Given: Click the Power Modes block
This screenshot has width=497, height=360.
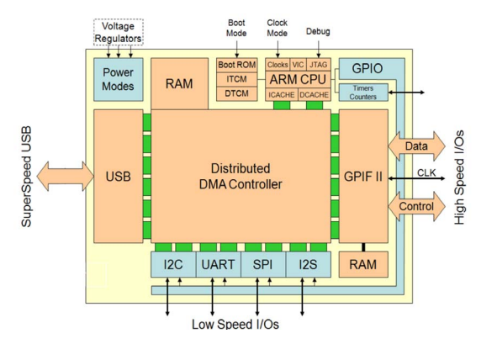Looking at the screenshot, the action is tap(119, 80).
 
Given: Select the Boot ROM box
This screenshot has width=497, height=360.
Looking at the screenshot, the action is tap(237, 65).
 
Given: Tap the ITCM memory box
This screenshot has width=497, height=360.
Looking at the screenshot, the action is tap(237, 79).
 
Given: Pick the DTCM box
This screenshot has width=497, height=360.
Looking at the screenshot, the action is tap(237, 94).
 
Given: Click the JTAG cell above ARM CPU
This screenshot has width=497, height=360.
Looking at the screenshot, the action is tap(318, 65).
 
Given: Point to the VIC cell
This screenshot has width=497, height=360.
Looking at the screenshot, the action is tap(298, 65).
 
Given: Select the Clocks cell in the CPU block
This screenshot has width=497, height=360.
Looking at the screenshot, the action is tap(278, 65).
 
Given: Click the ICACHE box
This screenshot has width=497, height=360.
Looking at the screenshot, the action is tap(282, 95).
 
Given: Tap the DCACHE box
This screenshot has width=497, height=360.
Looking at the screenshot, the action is tap(315, 95).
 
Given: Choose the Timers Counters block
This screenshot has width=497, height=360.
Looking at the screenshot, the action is tap(363, 93).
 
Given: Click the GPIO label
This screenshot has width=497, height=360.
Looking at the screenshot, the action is tap(367, 68).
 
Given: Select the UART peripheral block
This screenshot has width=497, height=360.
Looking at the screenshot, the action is tap(219, 264).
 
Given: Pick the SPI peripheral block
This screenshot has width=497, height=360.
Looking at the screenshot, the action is tap(263, 264).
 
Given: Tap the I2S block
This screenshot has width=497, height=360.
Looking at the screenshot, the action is tap(309, 264).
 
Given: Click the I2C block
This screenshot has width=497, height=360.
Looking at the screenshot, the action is tap(173, 264).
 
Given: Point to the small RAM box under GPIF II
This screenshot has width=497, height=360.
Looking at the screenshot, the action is tap(363, 264).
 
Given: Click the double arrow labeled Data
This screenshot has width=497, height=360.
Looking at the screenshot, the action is tap(416, 146).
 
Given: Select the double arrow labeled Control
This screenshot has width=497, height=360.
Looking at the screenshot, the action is tap(416, 206).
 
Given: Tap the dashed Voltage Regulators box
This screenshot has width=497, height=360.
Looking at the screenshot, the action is tap(119, 32).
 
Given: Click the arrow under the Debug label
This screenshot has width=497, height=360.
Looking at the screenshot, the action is tap(319, 50).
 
